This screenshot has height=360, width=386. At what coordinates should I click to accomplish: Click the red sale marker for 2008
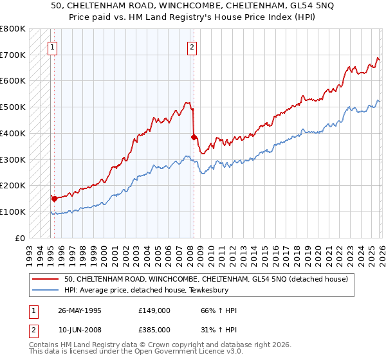[194, 137]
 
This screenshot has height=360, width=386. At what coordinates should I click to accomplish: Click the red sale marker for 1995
[54, 199]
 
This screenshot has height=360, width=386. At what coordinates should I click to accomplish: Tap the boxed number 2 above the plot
[192, 46]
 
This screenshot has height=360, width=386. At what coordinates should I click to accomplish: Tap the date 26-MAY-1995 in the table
[80, 310]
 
